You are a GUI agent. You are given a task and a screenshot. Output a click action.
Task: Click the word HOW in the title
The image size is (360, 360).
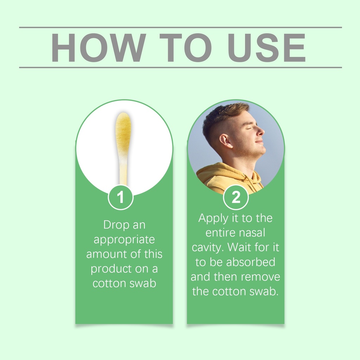tap(98, 47)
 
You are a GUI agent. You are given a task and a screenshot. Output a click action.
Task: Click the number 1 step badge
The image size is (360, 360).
tap(121, 197)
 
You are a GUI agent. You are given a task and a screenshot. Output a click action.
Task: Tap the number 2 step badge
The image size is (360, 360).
tap(236, 197)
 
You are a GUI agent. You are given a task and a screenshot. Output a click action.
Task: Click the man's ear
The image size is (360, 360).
tap(225, 141)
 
